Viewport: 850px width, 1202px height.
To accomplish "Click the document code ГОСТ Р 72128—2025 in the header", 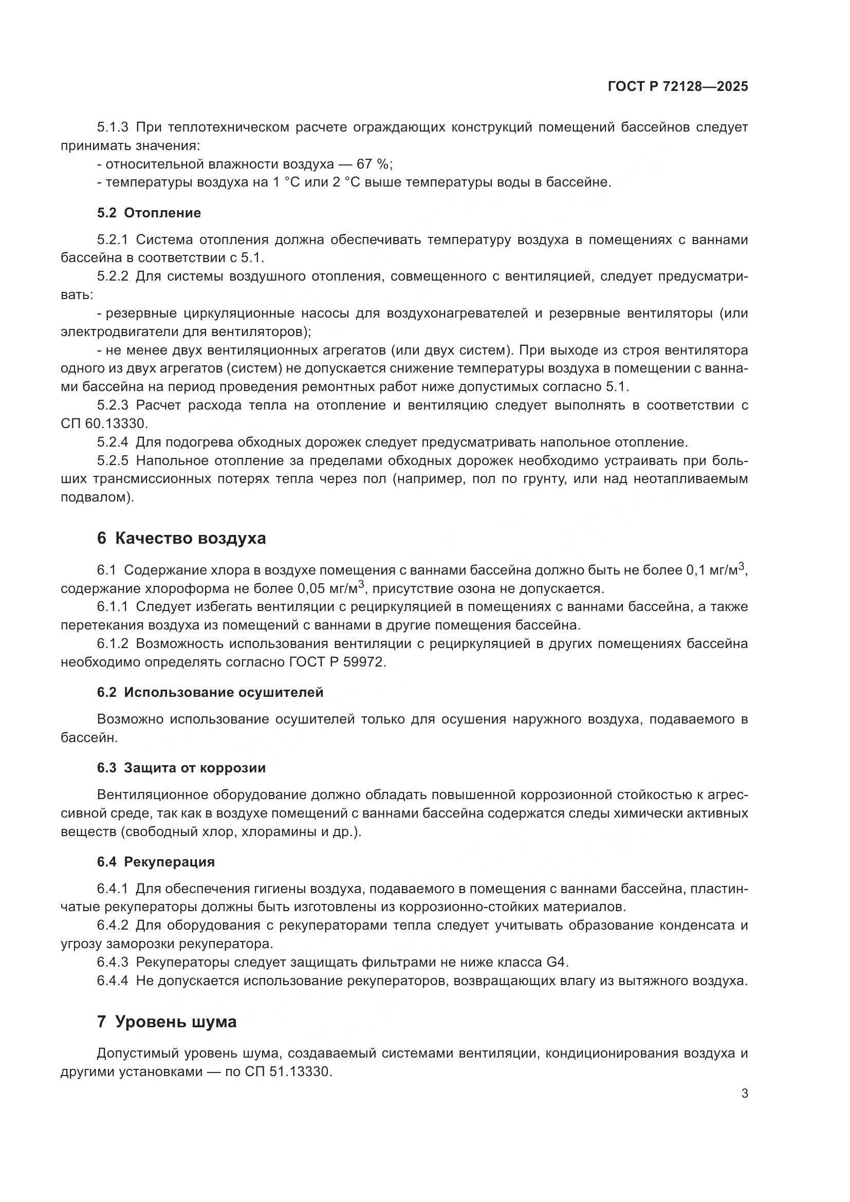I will pyautogui.click(x=678, y=87).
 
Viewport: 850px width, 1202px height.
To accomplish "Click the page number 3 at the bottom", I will pyautogui.click(x=744, y=1094).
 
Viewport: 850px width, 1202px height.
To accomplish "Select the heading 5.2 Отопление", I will pyautogui.click(x=149, y=213).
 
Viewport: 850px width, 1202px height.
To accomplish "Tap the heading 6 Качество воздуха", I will pyautogui.click(x=181, y=538).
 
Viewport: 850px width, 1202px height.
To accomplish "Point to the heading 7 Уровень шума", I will pyautogui.click(x=167, y=1022).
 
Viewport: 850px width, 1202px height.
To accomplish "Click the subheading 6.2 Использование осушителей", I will pyautogui.click(x=210, y=692).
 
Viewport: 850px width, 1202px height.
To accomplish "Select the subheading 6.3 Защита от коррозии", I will pyautogui.click(x=181, y=767).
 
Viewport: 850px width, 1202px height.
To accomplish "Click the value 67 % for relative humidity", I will pyautogui.click(x=373, y=164).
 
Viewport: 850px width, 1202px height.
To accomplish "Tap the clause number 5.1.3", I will pyautogui.click(x=113, y=127).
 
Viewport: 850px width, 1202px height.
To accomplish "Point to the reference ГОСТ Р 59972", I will pyautogui.click(x=337, y=662).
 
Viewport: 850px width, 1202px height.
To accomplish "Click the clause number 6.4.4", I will pyautogui.click(x=113, y=981).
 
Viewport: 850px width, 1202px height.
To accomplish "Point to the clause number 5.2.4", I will pyautogui.click(x=113, y=442).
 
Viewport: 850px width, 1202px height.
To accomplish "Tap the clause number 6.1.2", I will pyautogui.click(x=113, y=643).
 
